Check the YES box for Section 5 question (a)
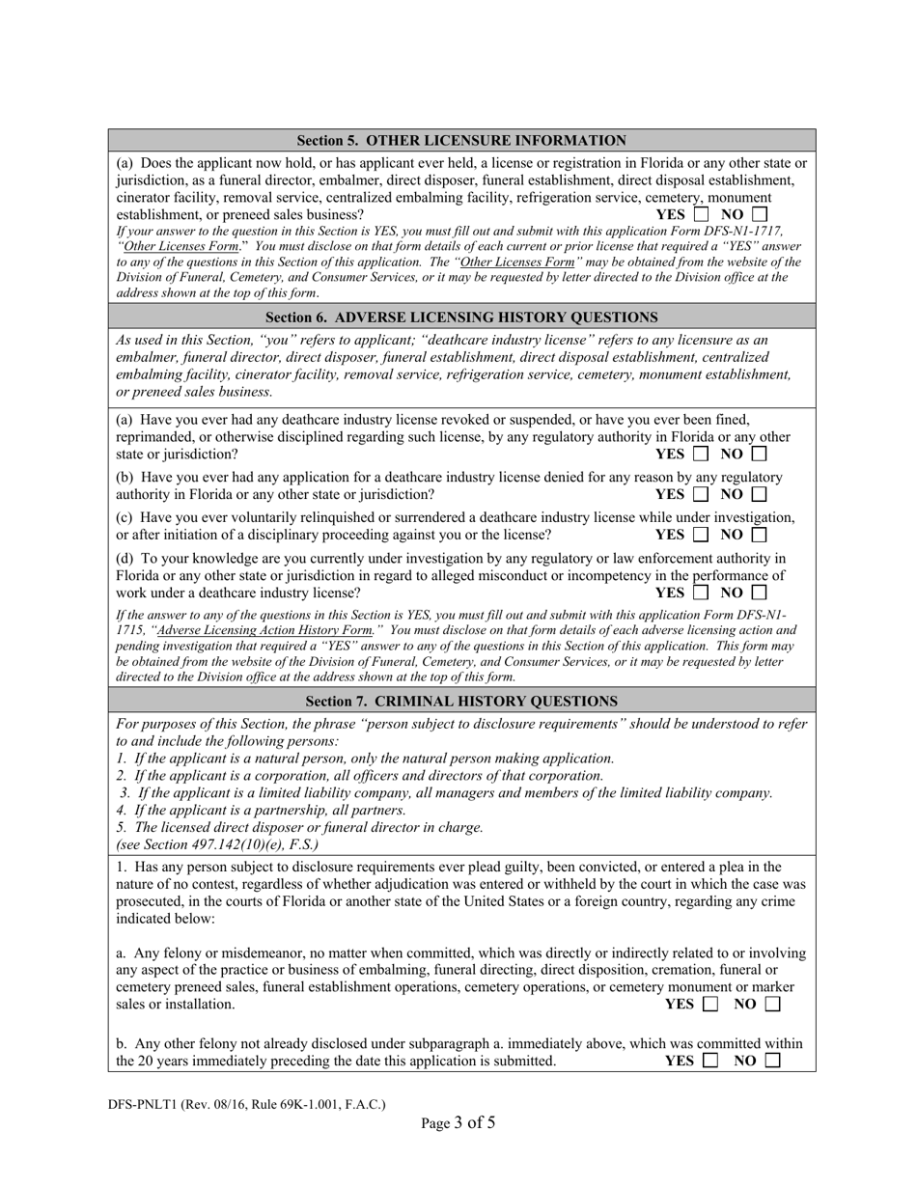click(701, 214)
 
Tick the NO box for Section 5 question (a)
click(760, 214)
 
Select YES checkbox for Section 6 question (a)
click(701, 454)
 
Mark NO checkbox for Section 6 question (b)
click(760, 494)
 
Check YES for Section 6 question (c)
click(701, 534)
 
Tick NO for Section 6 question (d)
click(760, 593)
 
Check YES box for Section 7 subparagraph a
click(710, 1005)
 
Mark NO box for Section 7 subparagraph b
click(771, 1061)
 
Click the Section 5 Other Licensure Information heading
click(461, 140)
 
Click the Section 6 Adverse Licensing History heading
click(461, 317)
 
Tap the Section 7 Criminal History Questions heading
click(461, 702)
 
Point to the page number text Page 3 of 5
click(458, 1122)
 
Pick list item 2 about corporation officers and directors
click(359, 775)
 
